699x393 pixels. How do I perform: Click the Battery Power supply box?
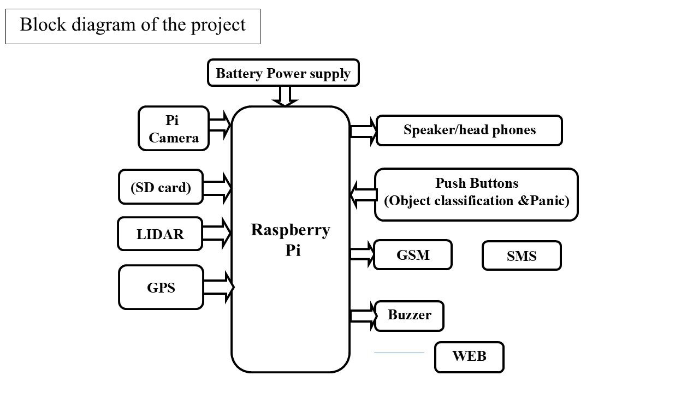pyautogui.click(x=283, y=73)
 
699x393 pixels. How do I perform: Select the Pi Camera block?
pyautogui.click(x=174, y=128)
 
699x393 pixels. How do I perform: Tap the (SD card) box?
pyautogui.click(x=161, y=187)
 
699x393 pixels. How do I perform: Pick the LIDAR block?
pyautogui.click(x=160, y=234)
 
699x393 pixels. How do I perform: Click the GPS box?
pyautogui.click(x=161, y=287)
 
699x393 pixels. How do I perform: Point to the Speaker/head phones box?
pyautogui.click(x=469, y=130)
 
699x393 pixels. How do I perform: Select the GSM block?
pyautogui.click(x=412, y=255)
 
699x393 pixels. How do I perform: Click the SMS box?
pyautogui.click(x=522, y=256)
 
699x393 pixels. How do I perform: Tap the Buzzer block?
pyautogui.click(x=409, y=316)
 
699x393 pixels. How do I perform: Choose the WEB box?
pyautogui.click(x=469, y=357)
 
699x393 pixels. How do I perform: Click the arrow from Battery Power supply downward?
pyautogui.click(x=285, y=97)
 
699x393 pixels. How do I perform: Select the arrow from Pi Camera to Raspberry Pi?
pyautogui.click(x=220, y=125)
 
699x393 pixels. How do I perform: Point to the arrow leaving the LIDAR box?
pyautogui.click(x=217, y=233)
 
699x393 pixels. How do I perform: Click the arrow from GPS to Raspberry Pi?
pyautogui.click(x=219, y=287)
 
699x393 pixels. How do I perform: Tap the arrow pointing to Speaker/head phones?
pyautogui.click(x=364, y=132)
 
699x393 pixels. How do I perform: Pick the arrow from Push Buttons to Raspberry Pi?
pyautogui.click(x=363, y=195)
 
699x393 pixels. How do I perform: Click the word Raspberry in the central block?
pyautogui.click(x=291, y=231)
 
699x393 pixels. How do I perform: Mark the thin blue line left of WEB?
pyautogui.click(x=399, y=353)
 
